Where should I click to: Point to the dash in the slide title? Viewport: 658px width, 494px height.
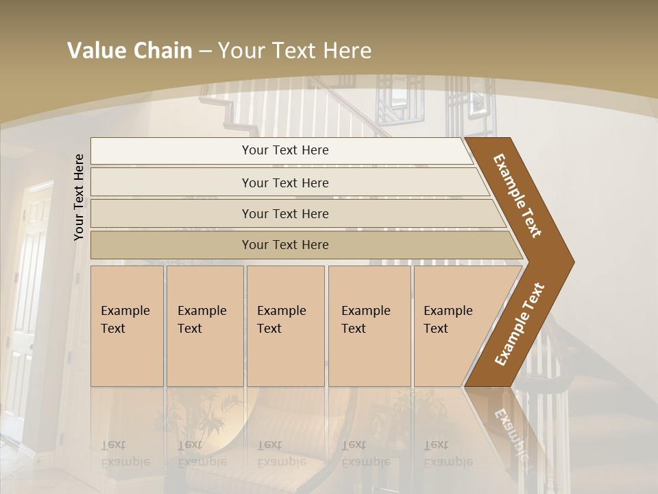(205, 51)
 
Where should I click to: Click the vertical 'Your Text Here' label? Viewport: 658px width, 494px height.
(79, 198)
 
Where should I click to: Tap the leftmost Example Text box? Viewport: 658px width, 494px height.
(127, 326)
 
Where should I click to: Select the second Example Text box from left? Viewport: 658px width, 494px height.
(205, 326)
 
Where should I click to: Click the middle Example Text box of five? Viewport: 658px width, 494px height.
(285, 326)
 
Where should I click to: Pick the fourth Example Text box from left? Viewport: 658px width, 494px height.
(369, 326)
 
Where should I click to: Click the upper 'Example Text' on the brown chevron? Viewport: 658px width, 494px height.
(517, 196)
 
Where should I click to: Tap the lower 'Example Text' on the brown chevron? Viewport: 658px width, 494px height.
(520, 325)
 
